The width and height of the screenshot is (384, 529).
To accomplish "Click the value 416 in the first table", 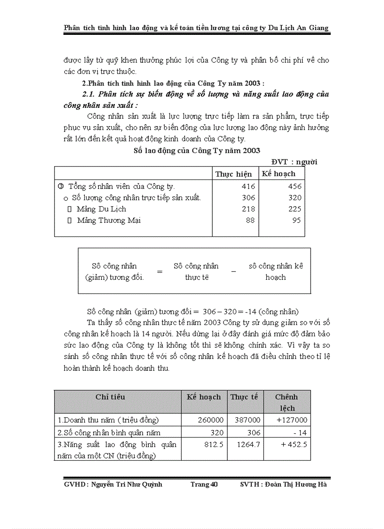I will point(248,186).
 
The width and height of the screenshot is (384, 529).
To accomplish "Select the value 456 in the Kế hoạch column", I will point(295,186).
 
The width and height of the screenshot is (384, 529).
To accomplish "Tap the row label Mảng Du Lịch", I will point(101,209).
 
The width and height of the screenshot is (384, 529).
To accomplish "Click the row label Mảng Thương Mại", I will point(109,220).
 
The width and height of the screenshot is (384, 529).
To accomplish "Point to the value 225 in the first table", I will point(295,209).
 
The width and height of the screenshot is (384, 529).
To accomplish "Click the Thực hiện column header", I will point(233,174).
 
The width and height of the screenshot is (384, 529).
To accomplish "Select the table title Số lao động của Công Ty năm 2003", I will point(197,150).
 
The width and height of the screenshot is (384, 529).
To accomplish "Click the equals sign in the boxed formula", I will point(160,272).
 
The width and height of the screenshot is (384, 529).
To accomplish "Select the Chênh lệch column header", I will point(286,402).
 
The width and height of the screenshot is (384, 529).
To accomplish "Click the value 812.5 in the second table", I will point(214,444).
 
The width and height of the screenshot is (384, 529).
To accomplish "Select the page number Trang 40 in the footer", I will point(204,484).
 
